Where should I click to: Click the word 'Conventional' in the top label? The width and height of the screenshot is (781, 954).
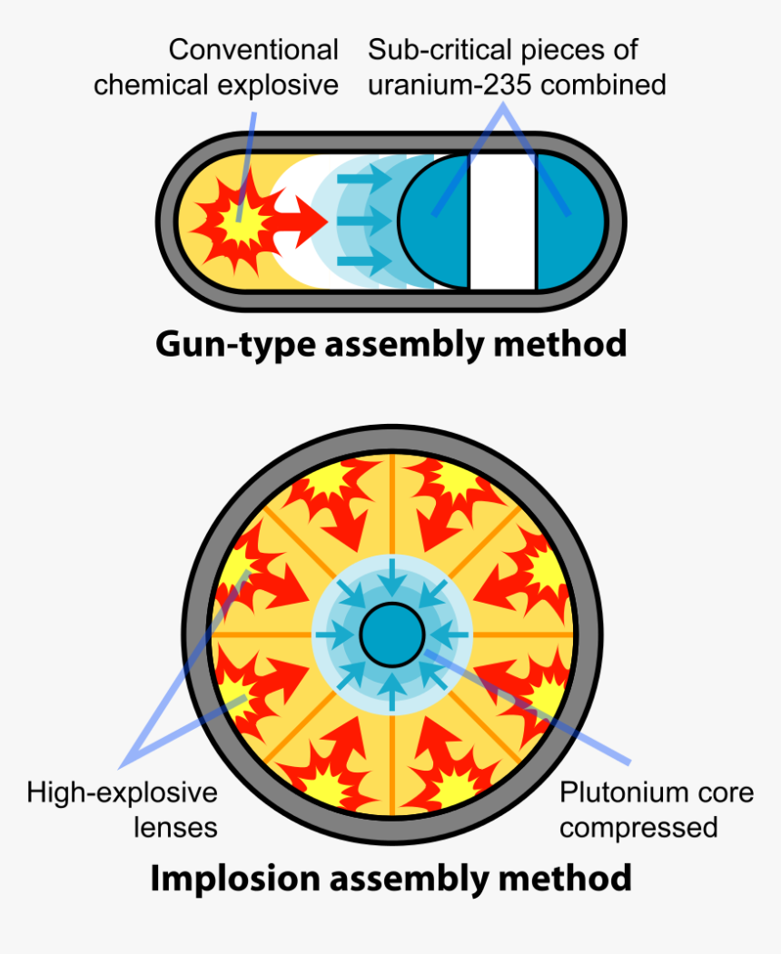tap(253, 50)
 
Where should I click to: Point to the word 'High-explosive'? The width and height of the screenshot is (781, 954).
tap(122, 792)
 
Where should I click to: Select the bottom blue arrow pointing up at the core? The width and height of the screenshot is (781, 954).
tap(391, 692)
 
